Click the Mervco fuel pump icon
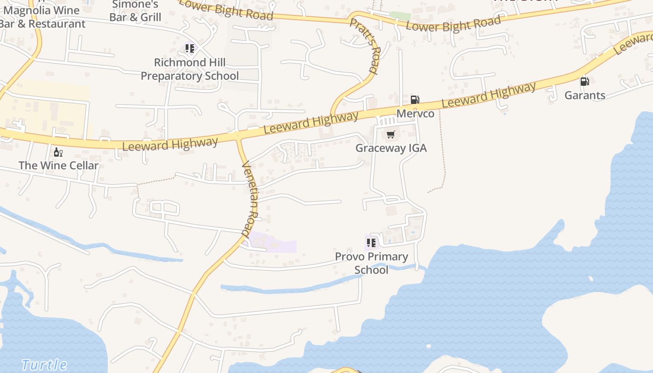pos(415,99)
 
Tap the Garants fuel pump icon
pos(584,82)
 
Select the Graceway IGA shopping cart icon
pos(390,135)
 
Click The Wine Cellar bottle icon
pos(58,152)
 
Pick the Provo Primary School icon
pos(371,242)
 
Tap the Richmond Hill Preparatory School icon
pos(189,48)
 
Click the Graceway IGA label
pos(391,148)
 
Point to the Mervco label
pos(415,114)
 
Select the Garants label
pos(585,96)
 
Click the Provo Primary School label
pos(371,263)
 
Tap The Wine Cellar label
pos(59,166)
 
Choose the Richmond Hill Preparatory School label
pos(190,69)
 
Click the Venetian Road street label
pos(252,198)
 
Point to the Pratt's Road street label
pos(364,46)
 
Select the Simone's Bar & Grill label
pos(135,11)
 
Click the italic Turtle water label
pos(44,365)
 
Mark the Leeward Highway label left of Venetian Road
pos(170,144)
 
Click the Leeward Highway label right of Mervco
pos(489,95)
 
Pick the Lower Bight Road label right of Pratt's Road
pos(453,23)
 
